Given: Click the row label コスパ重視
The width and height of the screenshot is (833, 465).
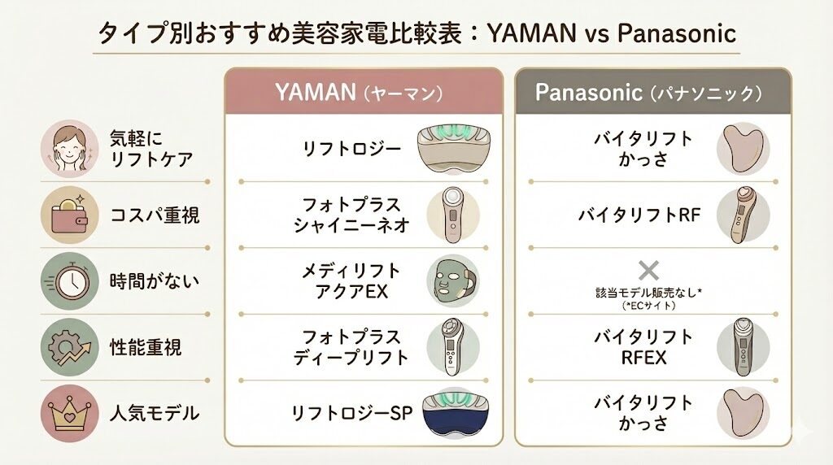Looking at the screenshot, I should pyautogui.click(x=155, y=215).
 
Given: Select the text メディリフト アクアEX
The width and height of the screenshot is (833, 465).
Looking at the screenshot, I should pyautogui.click(x=352, y=280).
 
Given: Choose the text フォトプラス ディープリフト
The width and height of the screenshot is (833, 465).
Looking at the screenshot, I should pyautogui.click(x=351, y=347).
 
